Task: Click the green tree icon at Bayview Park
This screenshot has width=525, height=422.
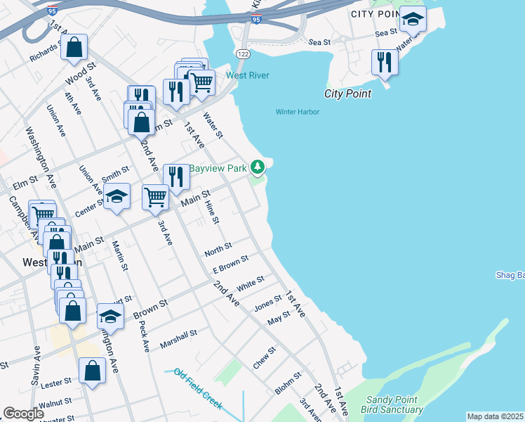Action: tap(259, 167)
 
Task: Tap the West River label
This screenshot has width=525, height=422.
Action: tap(247, 75)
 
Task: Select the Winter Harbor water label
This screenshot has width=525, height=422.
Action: tap(297, 112)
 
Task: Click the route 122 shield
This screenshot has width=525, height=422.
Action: tap(243, 54)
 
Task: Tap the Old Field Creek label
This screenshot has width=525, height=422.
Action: tap(199, 389)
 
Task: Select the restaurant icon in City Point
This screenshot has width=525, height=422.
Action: tap(385, 62)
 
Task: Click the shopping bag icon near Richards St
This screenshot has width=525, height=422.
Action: tap(74, 47)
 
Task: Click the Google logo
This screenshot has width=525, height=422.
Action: tap(23, 414)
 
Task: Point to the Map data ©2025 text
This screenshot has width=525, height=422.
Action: tap(495, 416)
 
